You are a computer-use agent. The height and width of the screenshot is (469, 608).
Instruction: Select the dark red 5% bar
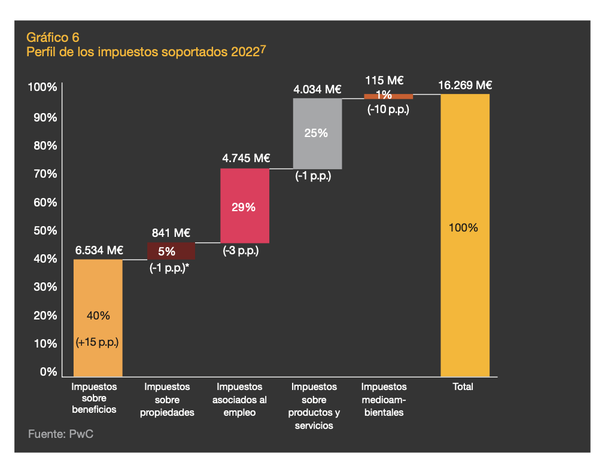pos(171,251)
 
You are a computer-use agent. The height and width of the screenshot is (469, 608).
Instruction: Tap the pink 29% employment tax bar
pos(244,206)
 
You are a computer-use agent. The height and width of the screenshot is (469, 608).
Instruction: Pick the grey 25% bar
pos(317,133)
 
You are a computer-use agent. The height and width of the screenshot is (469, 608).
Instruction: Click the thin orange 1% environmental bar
pos(388,96)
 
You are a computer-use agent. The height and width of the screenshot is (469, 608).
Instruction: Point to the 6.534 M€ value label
pos(99,250)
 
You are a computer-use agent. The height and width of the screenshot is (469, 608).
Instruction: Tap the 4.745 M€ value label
pos(246,159)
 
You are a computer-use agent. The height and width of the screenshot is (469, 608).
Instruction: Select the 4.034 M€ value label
pos(317,90)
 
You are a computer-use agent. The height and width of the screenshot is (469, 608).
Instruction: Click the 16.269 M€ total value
pos(465,85)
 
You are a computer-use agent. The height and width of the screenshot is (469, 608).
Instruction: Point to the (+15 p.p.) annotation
pos(98,343)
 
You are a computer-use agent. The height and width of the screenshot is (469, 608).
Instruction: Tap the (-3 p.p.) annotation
pos(241,251)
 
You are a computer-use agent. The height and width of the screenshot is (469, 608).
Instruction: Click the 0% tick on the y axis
pos(48,372)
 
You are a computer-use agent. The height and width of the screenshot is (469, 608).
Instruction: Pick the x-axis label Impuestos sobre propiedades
pos(167,400)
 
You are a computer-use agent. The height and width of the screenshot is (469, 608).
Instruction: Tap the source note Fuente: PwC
pos(60,434)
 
